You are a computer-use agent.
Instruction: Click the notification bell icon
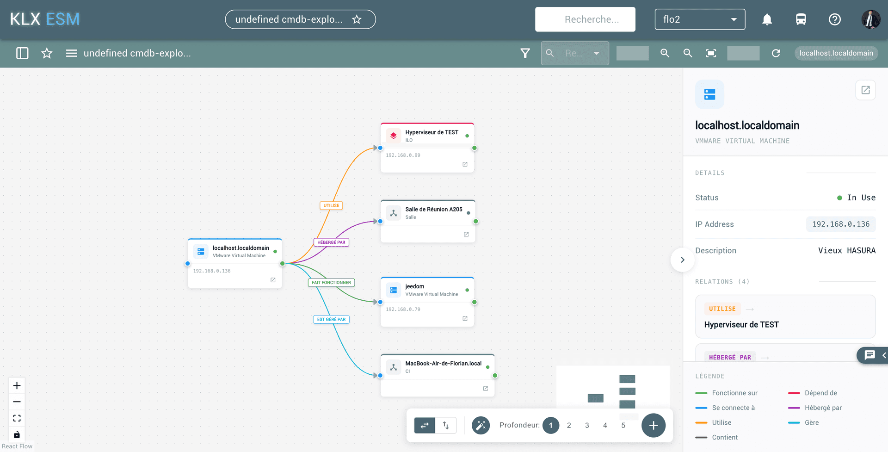pyautogui.click(x=767, y=19)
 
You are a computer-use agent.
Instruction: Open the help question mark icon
pyautogui.click(x=834, y=19)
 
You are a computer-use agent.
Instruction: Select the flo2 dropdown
pyautogui.click(x=700, y=19)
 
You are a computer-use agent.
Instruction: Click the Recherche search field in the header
pyautogui.click(x=585, y=19)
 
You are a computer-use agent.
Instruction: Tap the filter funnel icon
pyautogui.click(x=525, y=53)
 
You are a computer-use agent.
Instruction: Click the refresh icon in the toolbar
pyautogui.click(x=776, y=53)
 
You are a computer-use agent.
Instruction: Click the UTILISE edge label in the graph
pyautogui.click(x=331, y=205)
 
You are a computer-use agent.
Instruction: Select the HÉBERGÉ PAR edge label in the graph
pyautogui.click(x=331, y=242)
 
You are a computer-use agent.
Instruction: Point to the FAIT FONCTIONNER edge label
pyautogui.click(x=331, y=282)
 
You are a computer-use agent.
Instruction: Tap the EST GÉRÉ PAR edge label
pyautogui.click(x=331, y=319)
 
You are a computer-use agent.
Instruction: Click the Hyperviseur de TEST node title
pyautogui.click(x=432, y=132)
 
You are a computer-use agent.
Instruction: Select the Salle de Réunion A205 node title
pyautogui.click(x=434, y=209)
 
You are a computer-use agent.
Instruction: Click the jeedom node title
pyautogui.click(x=414, y=286)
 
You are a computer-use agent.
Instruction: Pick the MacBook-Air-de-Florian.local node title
pyautogui.click(x=443, y=363)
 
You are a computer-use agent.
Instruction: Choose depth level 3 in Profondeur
pyautogui.click(x=587, y=425)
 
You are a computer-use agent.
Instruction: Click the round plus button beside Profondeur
pyautogui.click(x=653, y=425)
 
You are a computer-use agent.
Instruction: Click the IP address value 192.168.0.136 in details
pyautogui.click(x=841, y=224)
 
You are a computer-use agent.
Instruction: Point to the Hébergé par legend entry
pyautogui.click(x=815, y=408)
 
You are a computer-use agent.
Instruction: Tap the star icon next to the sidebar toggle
pyautogui.click(x=47, y=53)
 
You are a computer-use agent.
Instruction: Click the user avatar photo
pyautogui.click(x=870, y=19)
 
